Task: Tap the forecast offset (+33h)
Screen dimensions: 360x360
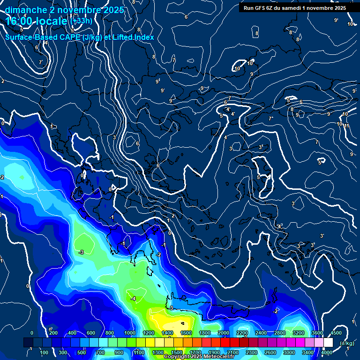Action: (x=81, y=21)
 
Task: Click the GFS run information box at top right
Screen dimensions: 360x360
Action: (x=294, y=8)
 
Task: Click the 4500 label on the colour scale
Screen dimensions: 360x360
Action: (x=336, y=333)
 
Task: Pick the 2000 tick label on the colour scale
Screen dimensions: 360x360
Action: (x=223, y=333)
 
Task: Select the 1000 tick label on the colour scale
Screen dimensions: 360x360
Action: (x=129, y=333)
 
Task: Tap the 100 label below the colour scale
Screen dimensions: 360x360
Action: (x=44, y=352)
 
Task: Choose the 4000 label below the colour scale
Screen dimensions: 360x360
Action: (x=327, y=352)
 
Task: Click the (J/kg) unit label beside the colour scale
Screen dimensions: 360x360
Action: (x=347, y=343)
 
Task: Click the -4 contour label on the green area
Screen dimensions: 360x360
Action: (x=133, y=299)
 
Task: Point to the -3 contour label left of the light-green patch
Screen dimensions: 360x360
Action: (x=81, y=252)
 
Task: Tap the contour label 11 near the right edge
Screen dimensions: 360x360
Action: (x=347, y=126)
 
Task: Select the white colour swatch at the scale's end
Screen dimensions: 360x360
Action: (x=328, y=343)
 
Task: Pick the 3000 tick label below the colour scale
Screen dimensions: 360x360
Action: (x=289, y=352)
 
